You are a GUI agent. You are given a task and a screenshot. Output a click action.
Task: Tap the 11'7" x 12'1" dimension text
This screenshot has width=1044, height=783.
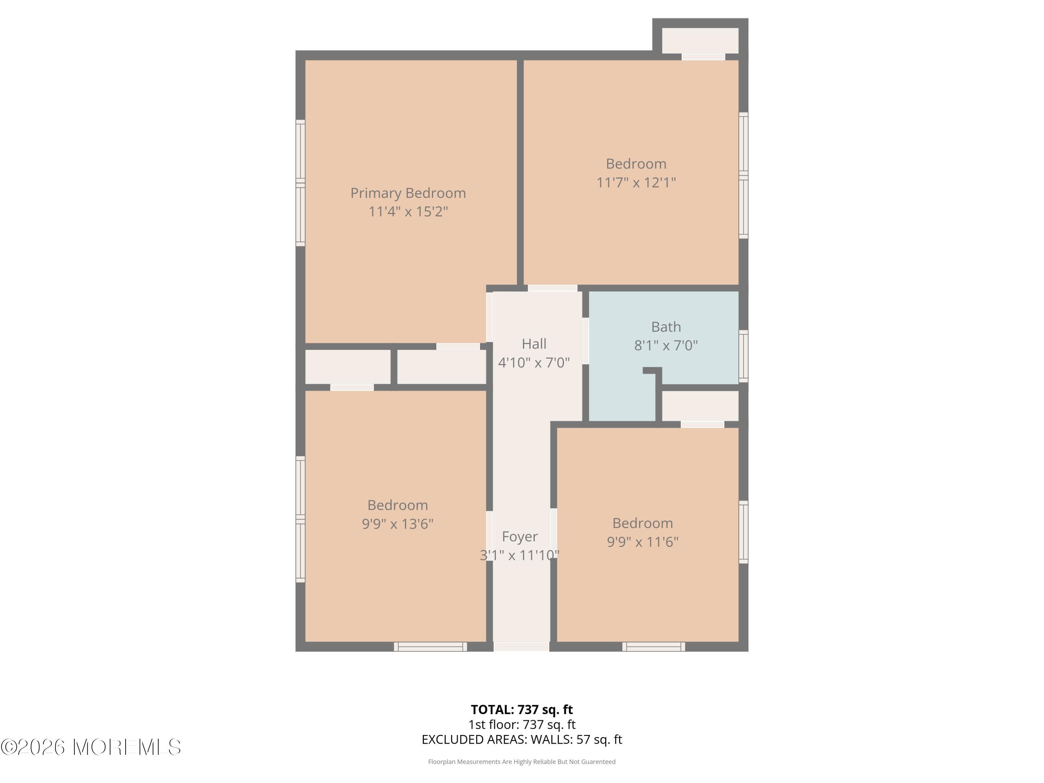[x=636, y=182]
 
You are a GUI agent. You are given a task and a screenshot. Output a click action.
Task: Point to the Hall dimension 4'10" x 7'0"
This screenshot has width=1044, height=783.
[x=534, y=363]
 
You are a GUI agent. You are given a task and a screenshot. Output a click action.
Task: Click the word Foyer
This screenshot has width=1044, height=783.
[x=519, y=536]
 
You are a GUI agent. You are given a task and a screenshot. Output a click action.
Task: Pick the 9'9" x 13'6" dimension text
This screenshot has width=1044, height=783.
[x=397, y=524]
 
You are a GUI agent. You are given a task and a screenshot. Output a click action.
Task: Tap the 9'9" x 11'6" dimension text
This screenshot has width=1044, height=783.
[x=642, y=541]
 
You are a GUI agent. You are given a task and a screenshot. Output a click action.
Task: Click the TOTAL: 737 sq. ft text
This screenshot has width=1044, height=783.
[x=522, y=709]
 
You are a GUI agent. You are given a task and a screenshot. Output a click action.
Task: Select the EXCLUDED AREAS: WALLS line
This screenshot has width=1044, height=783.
[x=522, y=739]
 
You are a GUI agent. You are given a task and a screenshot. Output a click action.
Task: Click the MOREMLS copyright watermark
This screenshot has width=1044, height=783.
[x=90, y=747]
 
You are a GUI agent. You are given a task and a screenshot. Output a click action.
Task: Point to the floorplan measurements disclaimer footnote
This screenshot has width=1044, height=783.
[x=522, y=761]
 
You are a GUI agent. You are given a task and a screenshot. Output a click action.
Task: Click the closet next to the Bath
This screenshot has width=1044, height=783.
[x=700, y=405]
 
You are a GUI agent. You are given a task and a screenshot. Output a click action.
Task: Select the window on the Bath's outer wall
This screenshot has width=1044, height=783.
[x=743, y=356]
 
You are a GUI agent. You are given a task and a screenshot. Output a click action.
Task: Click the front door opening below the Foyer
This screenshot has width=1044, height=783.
[x=521, y=647]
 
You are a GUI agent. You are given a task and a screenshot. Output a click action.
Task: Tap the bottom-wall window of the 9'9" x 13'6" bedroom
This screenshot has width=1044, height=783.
[x=430, y=647]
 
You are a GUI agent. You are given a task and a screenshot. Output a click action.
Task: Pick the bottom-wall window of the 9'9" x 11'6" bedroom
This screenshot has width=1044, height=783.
[x=653, y=647]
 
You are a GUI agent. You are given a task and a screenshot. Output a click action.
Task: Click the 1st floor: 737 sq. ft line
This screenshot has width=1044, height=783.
[x=522, y=725]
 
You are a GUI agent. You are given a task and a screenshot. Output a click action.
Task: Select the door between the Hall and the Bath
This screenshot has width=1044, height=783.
[x=585, y=341]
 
